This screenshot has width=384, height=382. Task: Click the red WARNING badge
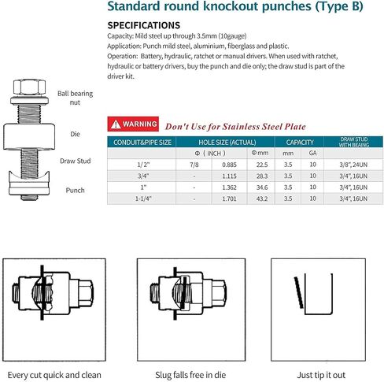tap(133, 124)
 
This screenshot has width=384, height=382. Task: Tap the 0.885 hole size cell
tap(229, 165)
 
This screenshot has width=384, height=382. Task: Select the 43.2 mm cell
tap(262, 198)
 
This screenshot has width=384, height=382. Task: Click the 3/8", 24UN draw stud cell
tap(353, 165)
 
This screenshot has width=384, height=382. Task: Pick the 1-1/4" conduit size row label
tap(143, 198)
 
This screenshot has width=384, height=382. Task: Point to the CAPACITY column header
tap(300, 143)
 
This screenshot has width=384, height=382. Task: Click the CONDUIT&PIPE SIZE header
tap(142, 143)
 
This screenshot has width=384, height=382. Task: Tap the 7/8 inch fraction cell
tap(194, 165)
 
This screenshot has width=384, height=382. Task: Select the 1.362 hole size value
tap(229, 187)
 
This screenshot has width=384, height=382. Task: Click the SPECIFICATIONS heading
tap(144, 25)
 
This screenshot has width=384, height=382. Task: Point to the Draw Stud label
tap(76, 161)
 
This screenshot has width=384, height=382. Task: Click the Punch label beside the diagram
tap(75, 191)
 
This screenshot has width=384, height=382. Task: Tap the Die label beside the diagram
tap(75, 134)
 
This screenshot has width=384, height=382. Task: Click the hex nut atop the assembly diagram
tap(29, 87)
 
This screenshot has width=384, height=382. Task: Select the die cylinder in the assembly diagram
tap(29, 136)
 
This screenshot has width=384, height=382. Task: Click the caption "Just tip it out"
tap(321, 375)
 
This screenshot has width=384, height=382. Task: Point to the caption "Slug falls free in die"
tap(190, 375)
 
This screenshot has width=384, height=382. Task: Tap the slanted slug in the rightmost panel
tap(298, 292)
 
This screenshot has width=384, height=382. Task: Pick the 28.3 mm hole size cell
tap(262, 176)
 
